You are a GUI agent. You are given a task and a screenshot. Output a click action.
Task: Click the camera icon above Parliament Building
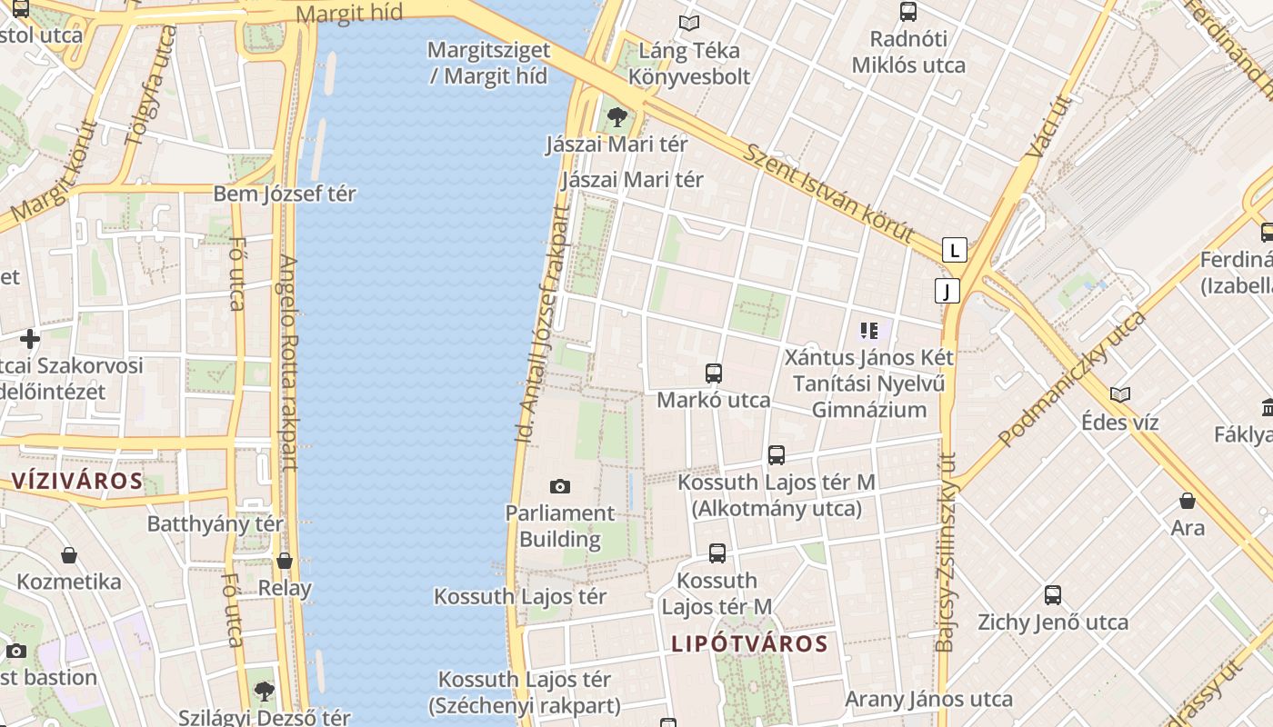tap(560, 486)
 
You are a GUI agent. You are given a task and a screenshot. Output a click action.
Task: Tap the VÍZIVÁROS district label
tap(77, 481)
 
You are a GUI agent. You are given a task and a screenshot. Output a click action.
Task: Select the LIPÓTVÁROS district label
tap(750, 644)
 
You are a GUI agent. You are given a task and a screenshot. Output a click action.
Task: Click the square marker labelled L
tap(954, 249)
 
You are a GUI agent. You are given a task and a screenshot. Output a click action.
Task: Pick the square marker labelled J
tap(947, 291)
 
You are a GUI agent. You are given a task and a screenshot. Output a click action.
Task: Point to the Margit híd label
tap(350, 14)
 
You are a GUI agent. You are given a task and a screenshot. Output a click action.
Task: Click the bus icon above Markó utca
tap(714, 373)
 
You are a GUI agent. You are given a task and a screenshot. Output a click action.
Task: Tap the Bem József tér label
tap(285, 194)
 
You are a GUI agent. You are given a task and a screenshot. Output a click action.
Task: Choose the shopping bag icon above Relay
tap(285, 561)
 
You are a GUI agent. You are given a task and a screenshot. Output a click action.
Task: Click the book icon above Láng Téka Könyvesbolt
tap(689, 23)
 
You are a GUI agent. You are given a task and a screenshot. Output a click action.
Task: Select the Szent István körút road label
tap(827, 193)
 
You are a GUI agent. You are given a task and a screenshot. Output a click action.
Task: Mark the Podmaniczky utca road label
tap(1073, 377)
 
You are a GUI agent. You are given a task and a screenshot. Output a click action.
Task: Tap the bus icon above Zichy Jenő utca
tap(1052, 595)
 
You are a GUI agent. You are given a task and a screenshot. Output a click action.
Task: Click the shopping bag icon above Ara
tap(1188, 501)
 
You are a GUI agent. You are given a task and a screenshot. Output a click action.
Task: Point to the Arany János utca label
tap(928, 699)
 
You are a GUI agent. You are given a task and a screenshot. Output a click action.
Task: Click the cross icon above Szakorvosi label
tap(30, 339)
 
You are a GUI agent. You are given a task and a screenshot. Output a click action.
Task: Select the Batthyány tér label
tap(216, 523)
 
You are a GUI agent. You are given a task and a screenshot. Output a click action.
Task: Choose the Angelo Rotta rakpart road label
tap(287, 363)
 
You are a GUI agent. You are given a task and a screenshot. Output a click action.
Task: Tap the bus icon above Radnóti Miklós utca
tap(907, 12)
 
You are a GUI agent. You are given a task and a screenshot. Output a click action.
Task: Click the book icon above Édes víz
tap(1120, 394)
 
